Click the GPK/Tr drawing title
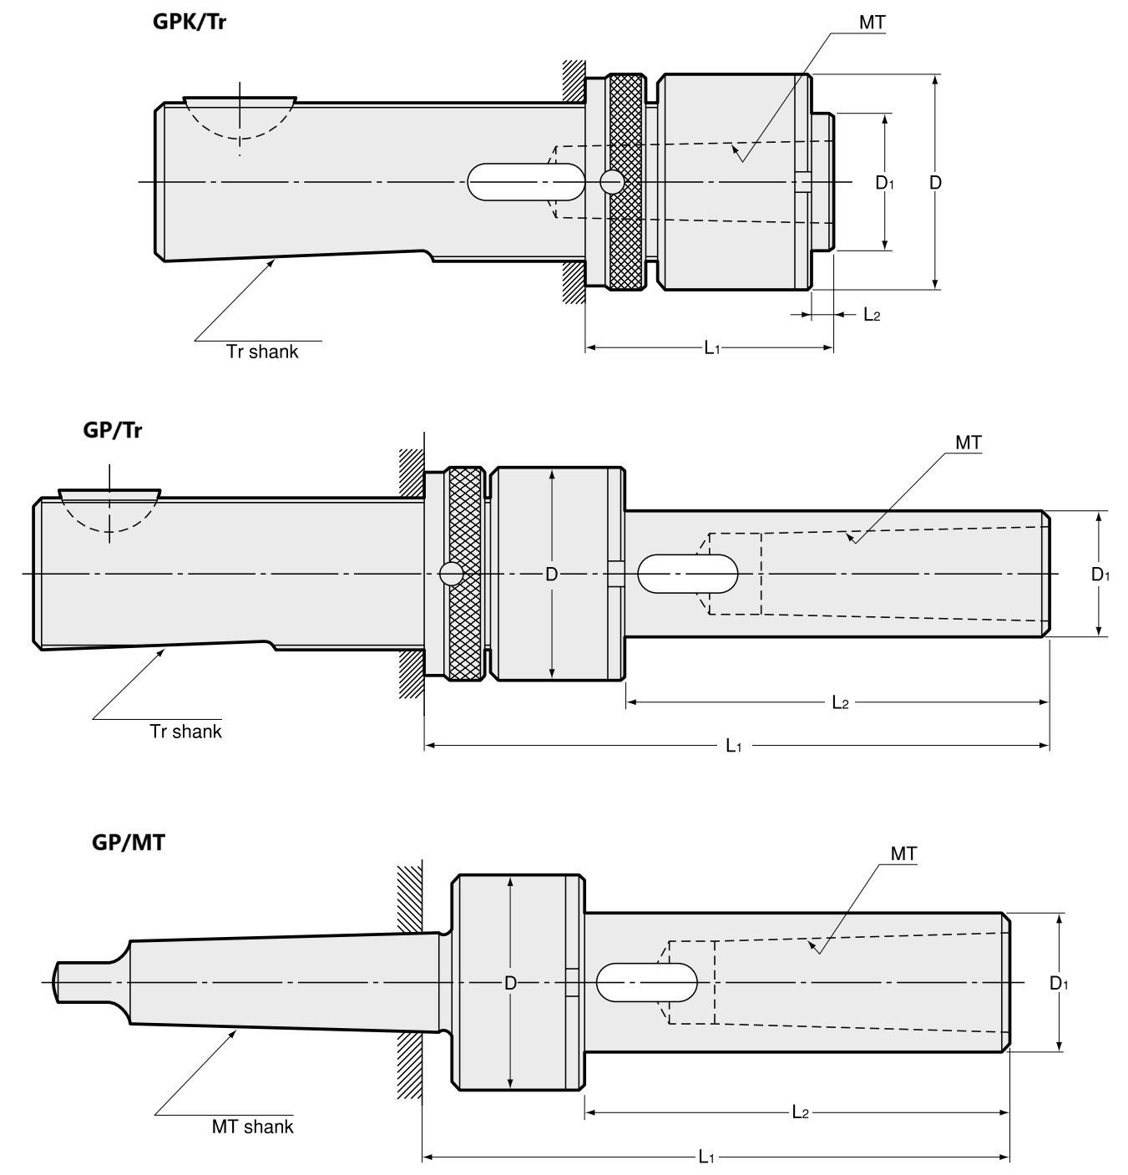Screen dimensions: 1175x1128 pyautogui.click(x=189, y=21)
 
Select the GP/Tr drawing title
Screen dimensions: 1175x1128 pyautogui.click(x=113, y=430)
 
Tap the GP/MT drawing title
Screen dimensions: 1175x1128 pyautogui.click(x=128, y=842)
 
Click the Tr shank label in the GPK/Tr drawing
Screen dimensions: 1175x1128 pyautogui.click(x=262, y=352)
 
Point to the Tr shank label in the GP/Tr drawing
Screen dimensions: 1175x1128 pyautogui.click(x=185, y=732)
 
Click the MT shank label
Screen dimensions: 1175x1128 pyautogui.click(x=252, y=1127)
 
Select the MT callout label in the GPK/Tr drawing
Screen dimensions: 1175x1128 pyautogui.click(x=872, y=23)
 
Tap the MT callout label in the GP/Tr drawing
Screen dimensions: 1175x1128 pyautogui.click(x=969, y=443)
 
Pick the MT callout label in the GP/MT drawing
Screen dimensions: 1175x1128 pyautogui.click(x=903, y=853)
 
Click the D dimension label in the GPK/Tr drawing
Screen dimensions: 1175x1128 pyautogui.click(x=935, y=182)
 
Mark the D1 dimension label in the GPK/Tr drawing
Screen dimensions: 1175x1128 pyautogui.click(x=884, y=182)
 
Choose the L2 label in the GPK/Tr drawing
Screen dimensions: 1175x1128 pyautogui.click(x=871, y=315)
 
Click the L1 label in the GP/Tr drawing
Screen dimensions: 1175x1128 pyautogui.click(x=733, y=745)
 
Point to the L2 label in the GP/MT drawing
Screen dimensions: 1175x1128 pyautogui.click(x=799, y=1112)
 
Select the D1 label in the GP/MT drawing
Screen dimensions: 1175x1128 pyautogui.click(x=1059, y=983)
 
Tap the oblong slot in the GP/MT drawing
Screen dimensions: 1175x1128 pyautogui.click(x=647, y=983)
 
